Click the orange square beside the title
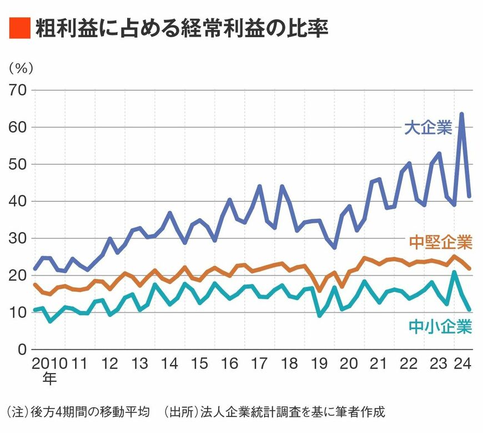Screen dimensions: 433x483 pyautogui.click(x=19, y=28)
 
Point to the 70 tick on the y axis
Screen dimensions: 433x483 pyautogui.click(x=18, y=90)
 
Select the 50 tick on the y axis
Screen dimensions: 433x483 pyautogui.click(x=18, y=164)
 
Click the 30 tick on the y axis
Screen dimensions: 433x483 pyautogui.click(x=18, y=239)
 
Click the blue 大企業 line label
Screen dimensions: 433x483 pyautogui.click(x=427, y=128)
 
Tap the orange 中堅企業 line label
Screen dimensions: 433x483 pyautogui.click(x=440, y=243)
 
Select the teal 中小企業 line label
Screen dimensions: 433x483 pyautogui.click(x=440, y=326)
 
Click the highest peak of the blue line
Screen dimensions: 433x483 pyautogui.click(x=462, y=114)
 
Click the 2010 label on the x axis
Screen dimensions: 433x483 pyautogui.click(x=48, y=364)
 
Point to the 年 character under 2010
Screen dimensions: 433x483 pyautogui.click(x=49, y=380)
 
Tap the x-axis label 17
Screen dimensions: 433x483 pyautogui.click(x=259, y=364)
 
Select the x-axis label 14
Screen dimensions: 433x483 pyautogui.click(x=169, y=364)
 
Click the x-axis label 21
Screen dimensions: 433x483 pyautogui.click(x=378, y=364)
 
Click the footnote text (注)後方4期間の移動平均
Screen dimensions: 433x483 pyautogui.click(x=78, y=412)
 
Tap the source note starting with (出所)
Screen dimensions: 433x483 pyautogui.click(x=274, y=412)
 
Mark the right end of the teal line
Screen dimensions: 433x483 pyautogui.click(x=470, y=310)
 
